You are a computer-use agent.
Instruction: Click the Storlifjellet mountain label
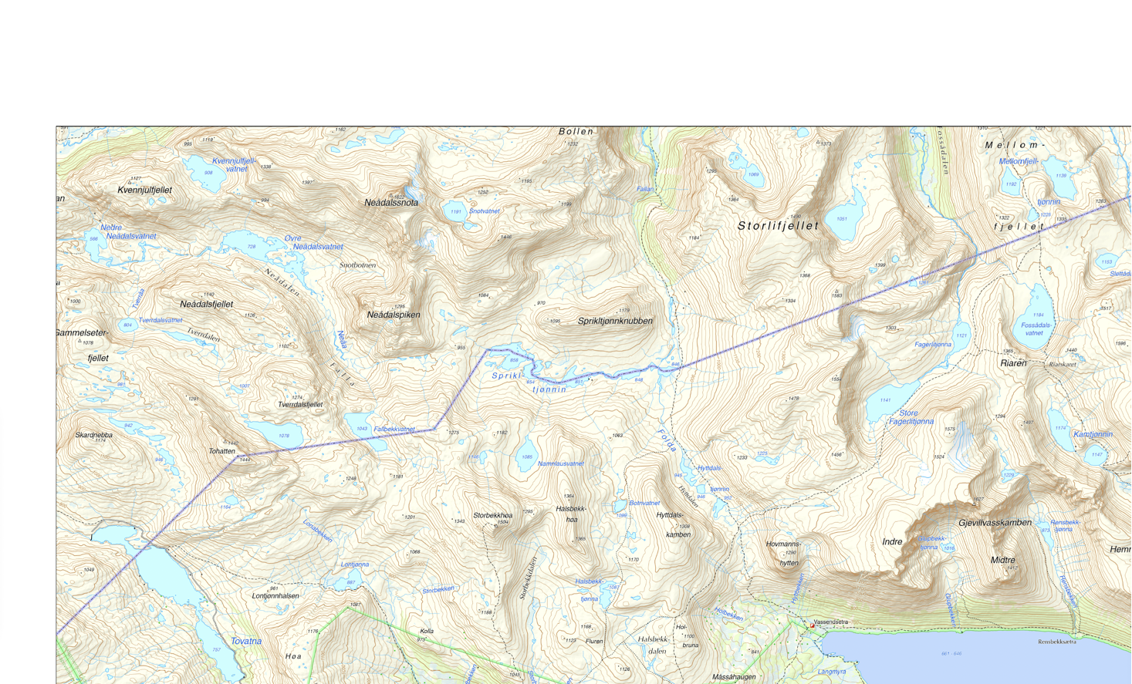pos(777,226)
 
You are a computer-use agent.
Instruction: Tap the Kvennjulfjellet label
pos(144,190)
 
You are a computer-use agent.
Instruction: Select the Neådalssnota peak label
pos(391,203)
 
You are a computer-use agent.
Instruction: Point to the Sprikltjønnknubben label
pos(615,321)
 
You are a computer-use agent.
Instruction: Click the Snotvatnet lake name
pos(485,211)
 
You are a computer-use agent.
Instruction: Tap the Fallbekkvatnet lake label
pos(394,429)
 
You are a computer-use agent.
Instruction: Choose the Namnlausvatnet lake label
pos(561,463)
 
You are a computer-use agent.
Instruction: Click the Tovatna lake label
pos(246,641)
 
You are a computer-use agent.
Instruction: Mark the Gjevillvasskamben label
pos(995,523)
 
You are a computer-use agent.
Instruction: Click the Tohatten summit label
pos(221,451)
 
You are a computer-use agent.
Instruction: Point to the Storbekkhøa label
pos(492,515)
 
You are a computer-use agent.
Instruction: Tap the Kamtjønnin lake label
pos(1093,434)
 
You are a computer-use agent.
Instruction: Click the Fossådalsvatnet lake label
pos(1036,329)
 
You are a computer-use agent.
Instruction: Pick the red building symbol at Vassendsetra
pos(812,625)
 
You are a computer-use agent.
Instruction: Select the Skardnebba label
pos(93,435)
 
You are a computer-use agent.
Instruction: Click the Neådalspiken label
pos(394,315)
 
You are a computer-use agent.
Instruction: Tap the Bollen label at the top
pos(576,131)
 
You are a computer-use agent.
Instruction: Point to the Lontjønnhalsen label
pos(275,595)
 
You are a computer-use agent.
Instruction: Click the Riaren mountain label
pos(1013,362)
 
